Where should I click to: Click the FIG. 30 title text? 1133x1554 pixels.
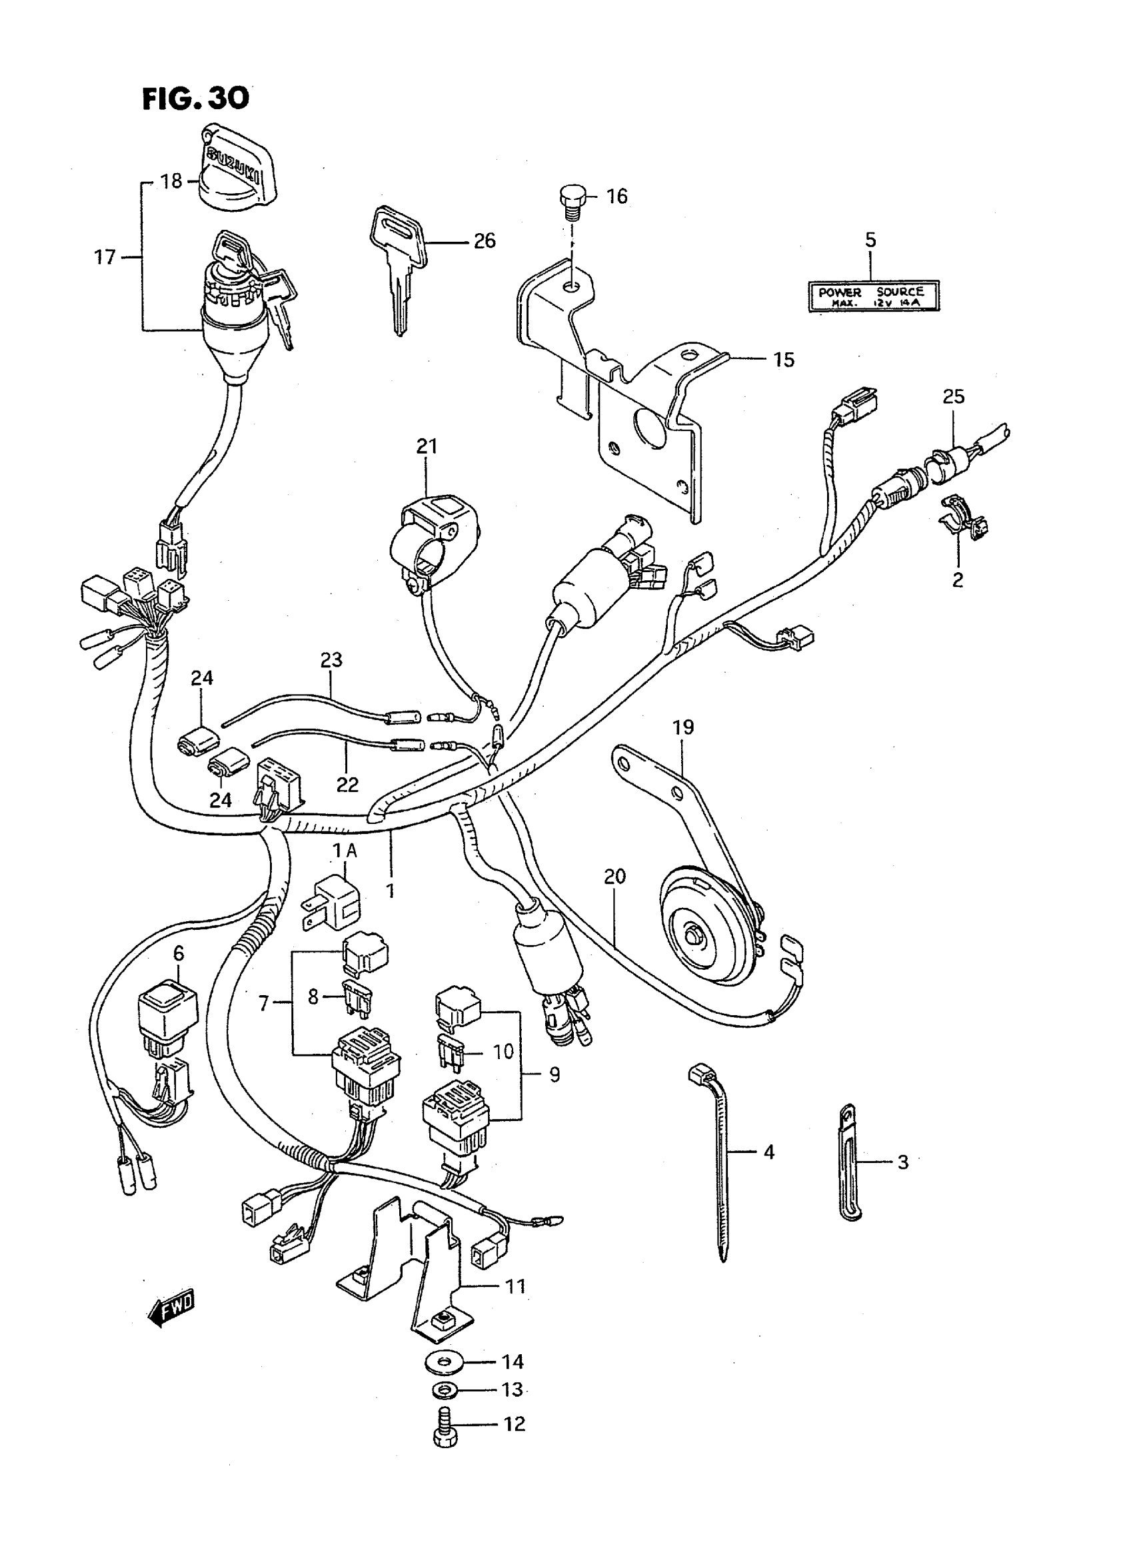pyautogui.click(x=195, y=99)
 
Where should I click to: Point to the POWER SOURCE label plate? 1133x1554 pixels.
pyautogui.click(x=873, y=296)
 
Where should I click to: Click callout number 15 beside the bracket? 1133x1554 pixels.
pyautogui.click(x=784, y=360)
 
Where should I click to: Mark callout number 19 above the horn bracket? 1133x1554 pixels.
pyautogui.click(x=684, y=727)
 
